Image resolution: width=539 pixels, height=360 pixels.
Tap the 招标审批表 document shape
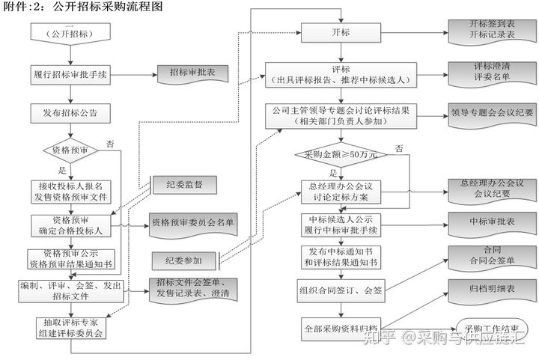[x=188, y=73]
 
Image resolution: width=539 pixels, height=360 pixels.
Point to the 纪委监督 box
[x=184, y=184]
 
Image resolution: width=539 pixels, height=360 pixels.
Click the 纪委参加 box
[x=184, y=260]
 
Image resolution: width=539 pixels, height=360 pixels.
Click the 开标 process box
[x=341, y=33]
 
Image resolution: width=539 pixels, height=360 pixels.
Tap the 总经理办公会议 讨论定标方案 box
[x=341, y=191]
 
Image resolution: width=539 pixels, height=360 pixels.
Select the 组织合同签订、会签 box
[x=341, y=291]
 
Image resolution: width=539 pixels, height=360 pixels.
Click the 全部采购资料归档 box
[x=341, y=327]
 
